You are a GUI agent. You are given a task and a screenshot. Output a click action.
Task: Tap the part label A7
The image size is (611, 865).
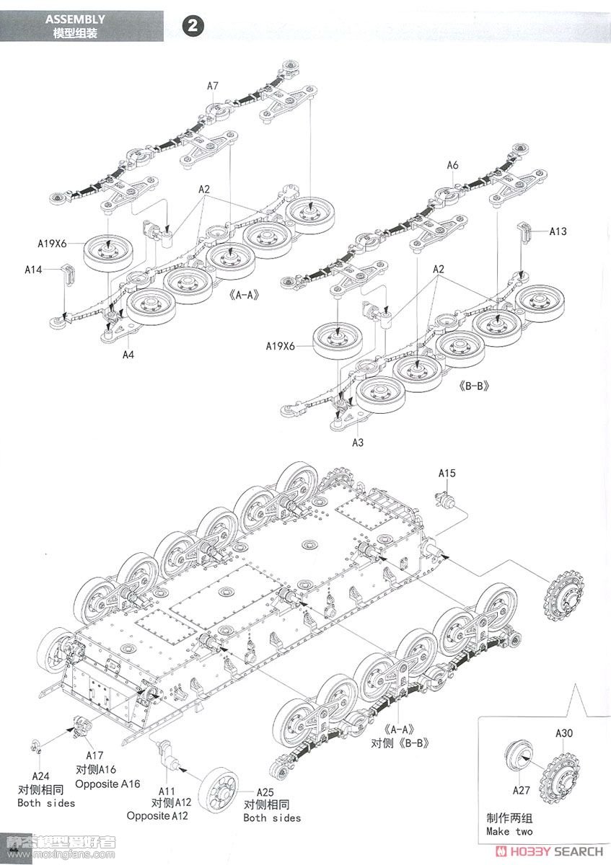coord(213,86)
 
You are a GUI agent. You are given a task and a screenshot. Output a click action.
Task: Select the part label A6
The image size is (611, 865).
coord(452,165)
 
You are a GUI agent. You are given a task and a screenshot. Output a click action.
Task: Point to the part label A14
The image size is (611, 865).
coord(33,270)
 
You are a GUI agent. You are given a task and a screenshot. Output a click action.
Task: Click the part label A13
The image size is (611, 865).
coord(558,231)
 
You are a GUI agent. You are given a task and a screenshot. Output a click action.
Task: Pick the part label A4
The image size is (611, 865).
coord(128,355)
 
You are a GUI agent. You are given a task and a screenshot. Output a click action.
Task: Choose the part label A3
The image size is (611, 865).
coord(358,442)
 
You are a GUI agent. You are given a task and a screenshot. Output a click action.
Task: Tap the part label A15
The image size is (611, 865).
coord(447,473)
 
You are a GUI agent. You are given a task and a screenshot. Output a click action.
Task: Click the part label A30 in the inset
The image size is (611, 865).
coord(564,734)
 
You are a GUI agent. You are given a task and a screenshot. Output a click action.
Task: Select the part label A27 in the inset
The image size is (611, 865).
coord(522,790)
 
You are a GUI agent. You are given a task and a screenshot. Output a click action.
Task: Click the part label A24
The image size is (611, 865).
coord(41,776)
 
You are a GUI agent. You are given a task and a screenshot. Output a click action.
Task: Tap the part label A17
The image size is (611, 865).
coord(95,755)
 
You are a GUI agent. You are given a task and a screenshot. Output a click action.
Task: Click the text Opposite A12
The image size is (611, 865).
coord(157,816)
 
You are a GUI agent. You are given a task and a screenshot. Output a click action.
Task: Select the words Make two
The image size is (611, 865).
coord(509,832)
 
